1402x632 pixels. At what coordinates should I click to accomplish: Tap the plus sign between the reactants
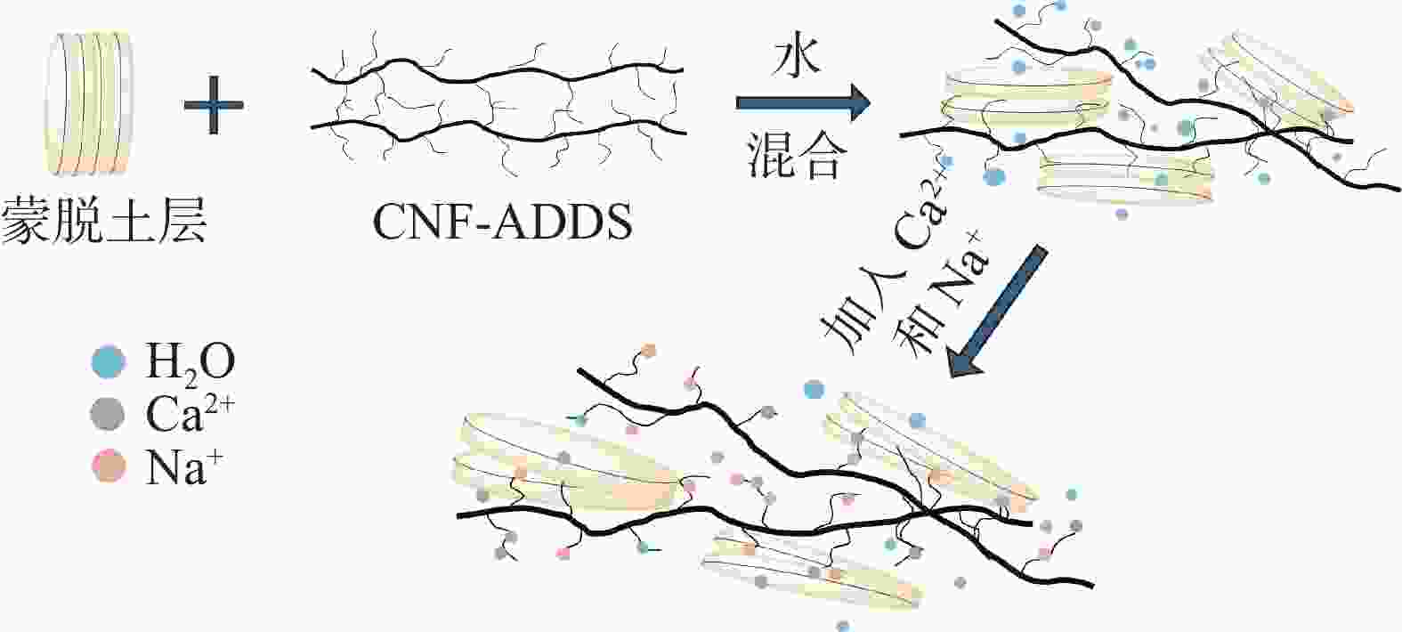click(214, 105)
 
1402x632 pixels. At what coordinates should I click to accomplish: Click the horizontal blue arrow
click(803, 102)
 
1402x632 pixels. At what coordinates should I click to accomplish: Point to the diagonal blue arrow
click(998, 311)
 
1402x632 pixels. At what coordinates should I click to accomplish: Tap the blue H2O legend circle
click(109, 361)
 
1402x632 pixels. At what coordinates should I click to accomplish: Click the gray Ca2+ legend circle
click(108, 414)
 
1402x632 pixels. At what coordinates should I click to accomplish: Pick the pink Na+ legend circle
click(109, 466)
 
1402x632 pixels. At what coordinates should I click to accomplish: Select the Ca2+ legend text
click(190, 414)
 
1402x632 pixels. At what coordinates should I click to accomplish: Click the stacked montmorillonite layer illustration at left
click(88, 103)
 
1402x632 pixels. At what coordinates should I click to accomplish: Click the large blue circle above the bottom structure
click(814, 389)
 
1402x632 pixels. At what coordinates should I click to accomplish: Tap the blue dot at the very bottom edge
click(843, 626)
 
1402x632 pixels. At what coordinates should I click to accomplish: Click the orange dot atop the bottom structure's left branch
click(648, 351)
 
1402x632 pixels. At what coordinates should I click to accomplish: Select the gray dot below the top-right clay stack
click(1122, 214)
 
